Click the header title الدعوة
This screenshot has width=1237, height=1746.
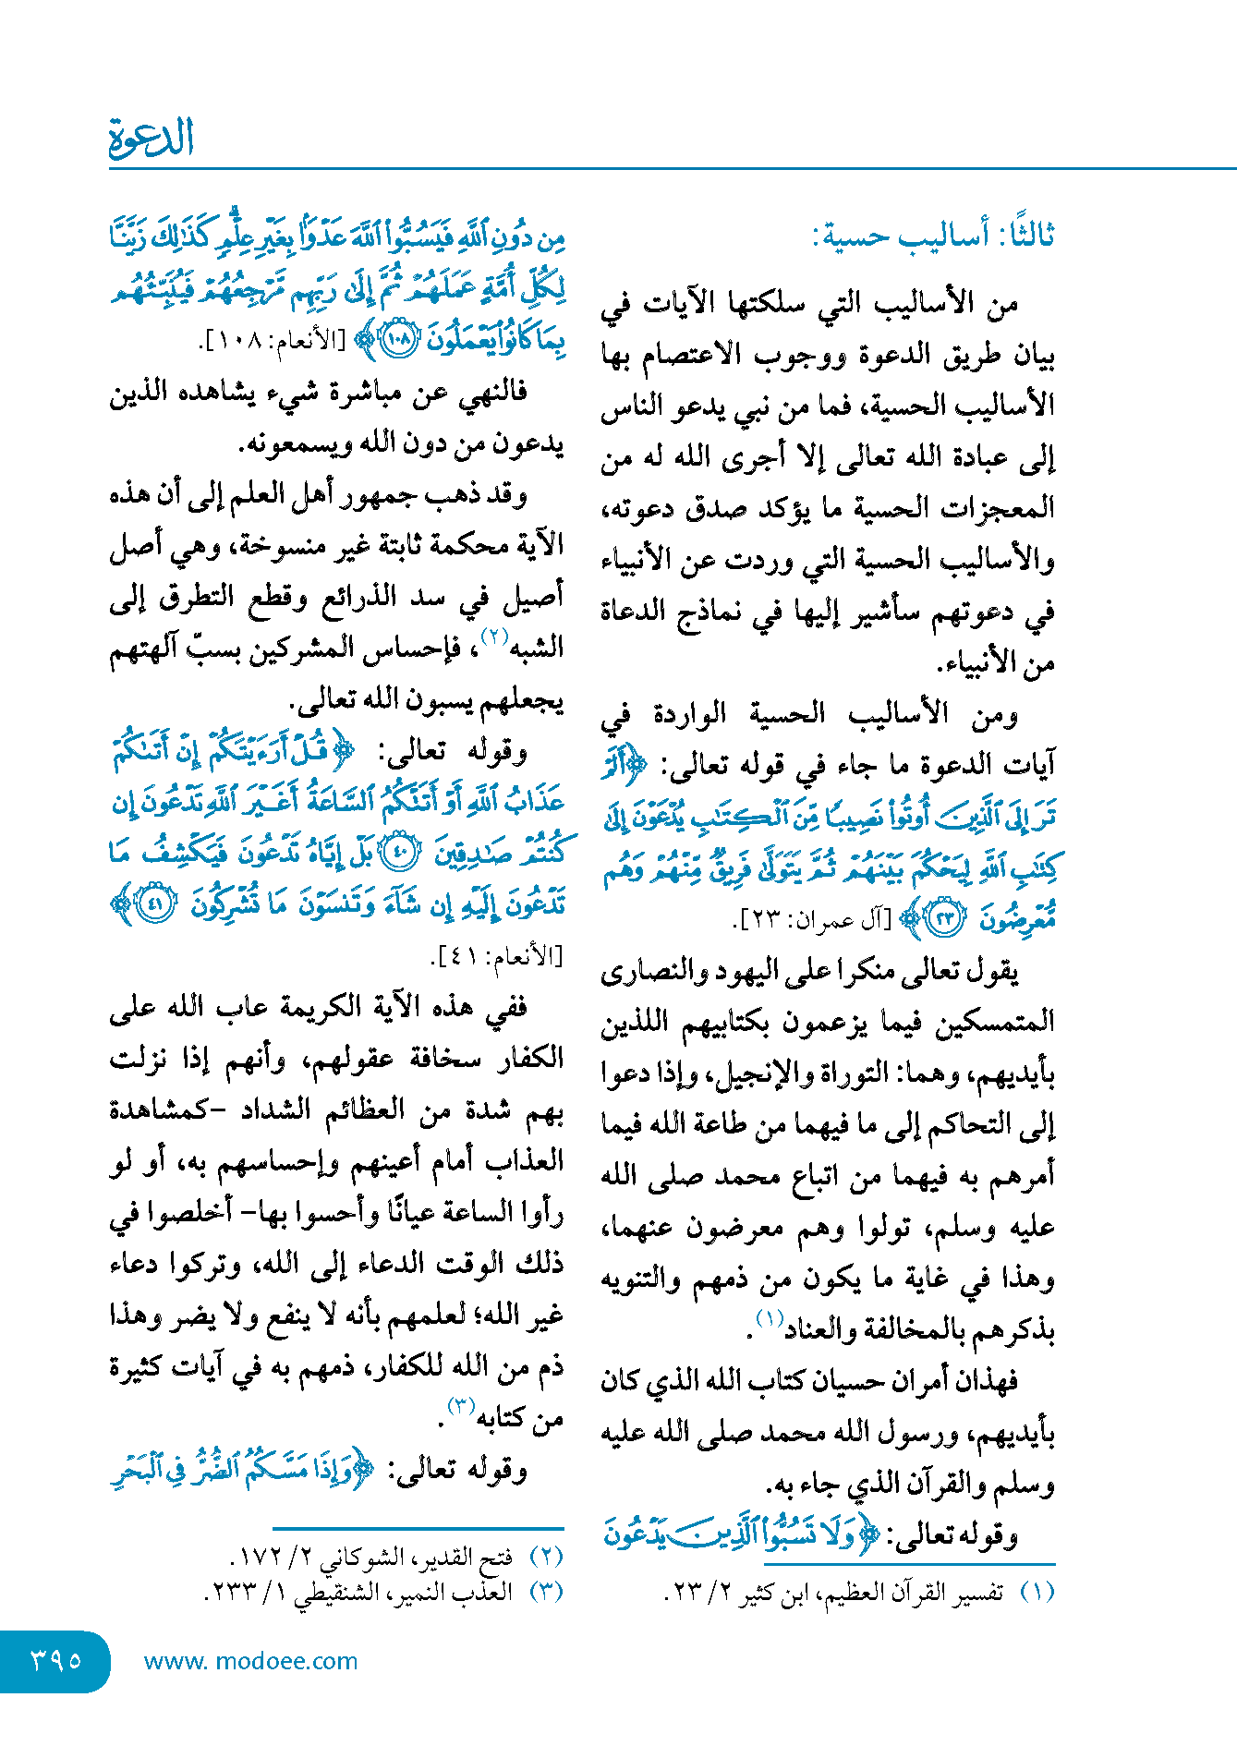tap(152, 139)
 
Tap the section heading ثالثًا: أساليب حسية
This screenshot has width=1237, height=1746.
tap(933, 236)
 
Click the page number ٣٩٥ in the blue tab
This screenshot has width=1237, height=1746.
tap(55, 1660)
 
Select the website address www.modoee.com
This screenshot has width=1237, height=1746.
tap(250, 1661)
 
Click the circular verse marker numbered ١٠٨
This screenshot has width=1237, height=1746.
tap(399, 340)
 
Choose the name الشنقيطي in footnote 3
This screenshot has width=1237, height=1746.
tap(343, 1593)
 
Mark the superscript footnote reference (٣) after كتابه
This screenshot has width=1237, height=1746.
tap(460, 1407)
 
